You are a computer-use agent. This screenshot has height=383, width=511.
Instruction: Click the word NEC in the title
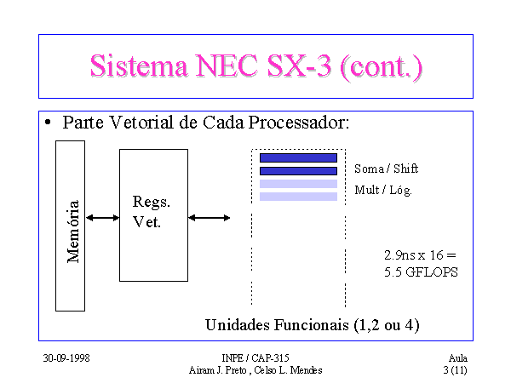pyautogui.click(x=227, y=66)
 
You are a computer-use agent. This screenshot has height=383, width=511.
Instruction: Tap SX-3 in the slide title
pyautogui.click(x=299, y=66)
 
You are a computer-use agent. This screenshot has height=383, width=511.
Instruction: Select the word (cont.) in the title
pyautogui.click(x=381, y=66)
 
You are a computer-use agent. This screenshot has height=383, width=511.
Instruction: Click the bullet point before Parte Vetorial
pyautogui.click(x=48, y=123)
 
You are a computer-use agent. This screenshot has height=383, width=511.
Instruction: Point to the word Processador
pyautogui.click(x=299, y=123)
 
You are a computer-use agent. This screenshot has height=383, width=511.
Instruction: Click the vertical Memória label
pyautogui.click(x=73, y=232)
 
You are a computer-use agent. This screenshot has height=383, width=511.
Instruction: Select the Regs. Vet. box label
pyautogui.click(x=152, y=212)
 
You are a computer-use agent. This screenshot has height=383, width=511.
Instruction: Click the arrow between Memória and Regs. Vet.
pyautogui.click(x=102, y=218)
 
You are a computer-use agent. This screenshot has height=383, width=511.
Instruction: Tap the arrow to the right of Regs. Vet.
pyautogui.click(x=210, y=218)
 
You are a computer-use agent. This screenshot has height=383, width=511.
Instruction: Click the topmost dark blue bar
pyautogui.click(x=298, y=158)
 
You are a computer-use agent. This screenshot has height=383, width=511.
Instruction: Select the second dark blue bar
pyautogui.click(x=298, y=171)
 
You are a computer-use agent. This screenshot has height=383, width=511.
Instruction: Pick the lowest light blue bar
pyautogui.click(x=298, y=197)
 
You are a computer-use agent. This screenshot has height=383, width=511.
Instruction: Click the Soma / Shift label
pyautogui.click(x=386, y=169)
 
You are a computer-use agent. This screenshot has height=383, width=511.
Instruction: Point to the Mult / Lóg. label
pyautogui.click(x=383, y=190)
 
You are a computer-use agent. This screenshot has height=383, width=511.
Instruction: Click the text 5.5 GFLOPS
pyautogui.click(x=421, y=272)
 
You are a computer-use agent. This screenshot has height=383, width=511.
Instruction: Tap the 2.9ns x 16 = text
pyautogui.click(x=420, y=255)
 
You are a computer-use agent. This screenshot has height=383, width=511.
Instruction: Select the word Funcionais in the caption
pyautogui.click(x=312, y=325)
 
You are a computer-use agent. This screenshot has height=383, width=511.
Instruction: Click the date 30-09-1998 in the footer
pyautogui.click(x=66, y=358)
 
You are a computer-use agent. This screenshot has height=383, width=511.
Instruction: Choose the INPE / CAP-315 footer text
pyautogui.click(x=255, y=358)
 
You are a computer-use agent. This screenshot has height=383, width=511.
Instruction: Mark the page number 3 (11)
pyautogui.click(x=455, y=370)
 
